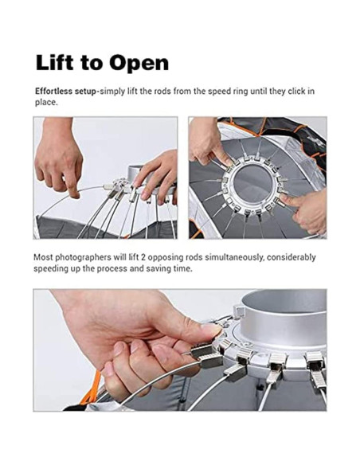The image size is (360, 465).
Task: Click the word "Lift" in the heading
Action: [54, 62]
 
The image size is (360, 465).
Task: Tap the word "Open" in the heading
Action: [139, 63]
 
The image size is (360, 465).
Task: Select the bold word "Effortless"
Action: [53, 91]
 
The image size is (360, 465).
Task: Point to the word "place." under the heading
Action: [46, 103]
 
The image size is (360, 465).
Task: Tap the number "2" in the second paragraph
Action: [143, 257]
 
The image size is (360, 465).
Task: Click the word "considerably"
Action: [291, 257]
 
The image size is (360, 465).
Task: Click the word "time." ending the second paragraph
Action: [183, 269]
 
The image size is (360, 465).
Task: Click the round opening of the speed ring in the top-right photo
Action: [252, 183]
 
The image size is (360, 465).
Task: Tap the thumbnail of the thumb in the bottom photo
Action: [211, 330]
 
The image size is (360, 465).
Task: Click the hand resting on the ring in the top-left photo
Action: [155, 178]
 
